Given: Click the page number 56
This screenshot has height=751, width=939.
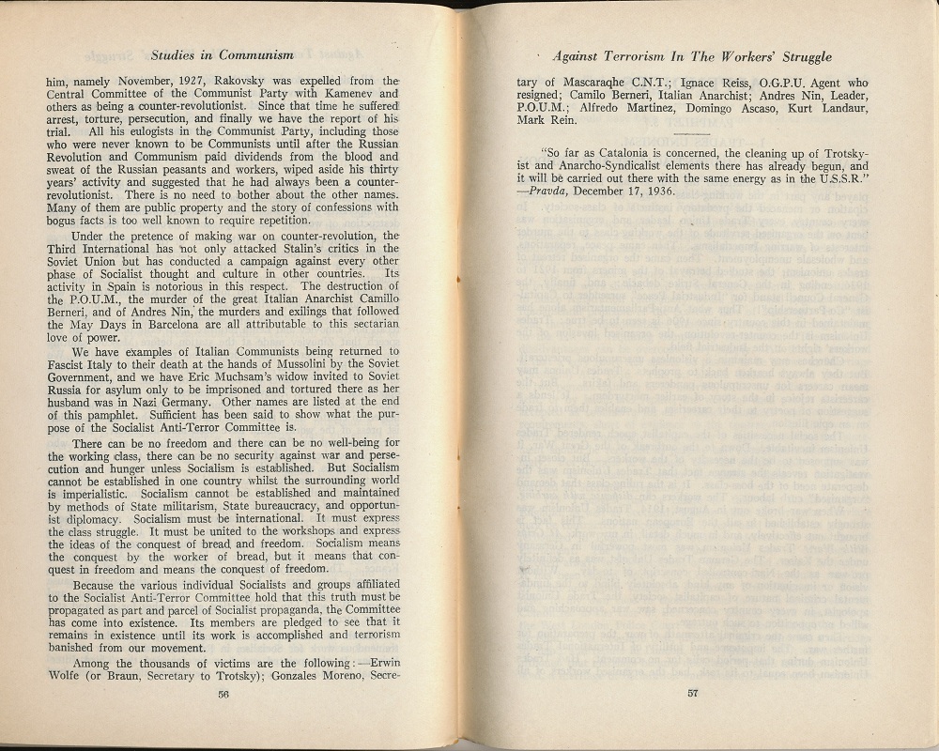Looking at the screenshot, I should [x=223, y=694].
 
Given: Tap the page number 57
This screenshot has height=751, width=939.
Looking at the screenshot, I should [x=693, y=694].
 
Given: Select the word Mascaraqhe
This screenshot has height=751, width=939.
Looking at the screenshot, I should [x=593, y=83].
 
